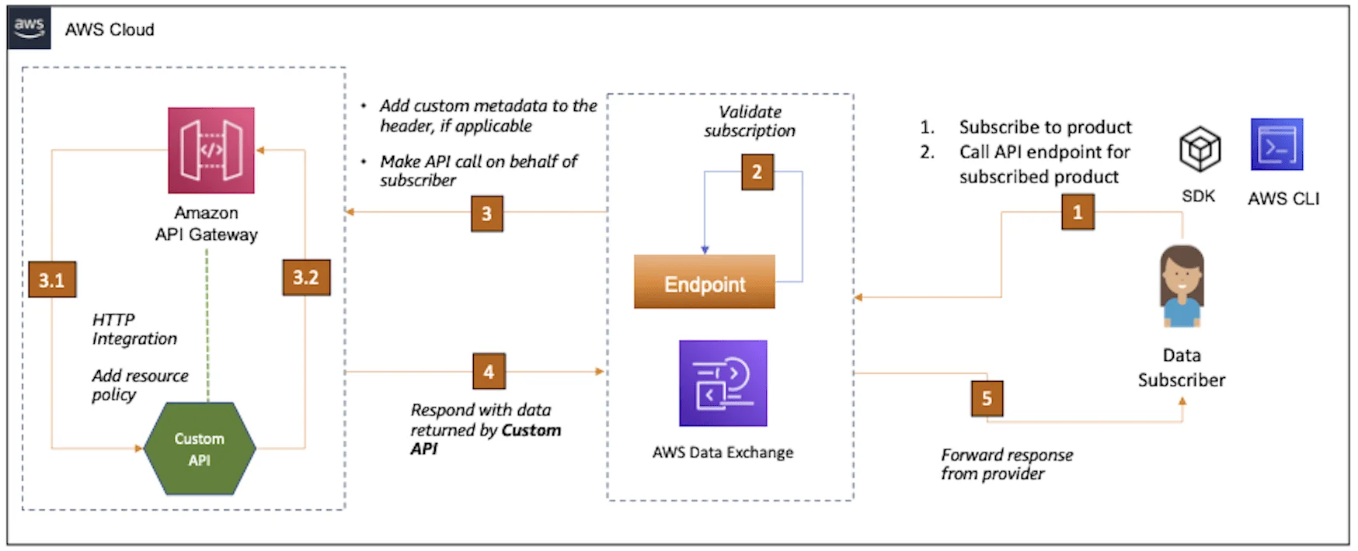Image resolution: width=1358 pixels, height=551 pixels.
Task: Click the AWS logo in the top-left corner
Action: click(x=29, y=29)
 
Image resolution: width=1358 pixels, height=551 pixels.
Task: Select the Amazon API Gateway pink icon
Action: click(x=211, y=150)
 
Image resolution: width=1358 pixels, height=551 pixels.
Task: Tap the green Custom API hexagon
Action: click(x=200, y=449)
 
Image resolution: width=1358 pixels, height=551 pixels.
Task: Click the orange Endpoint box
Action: click(x=704, y=282)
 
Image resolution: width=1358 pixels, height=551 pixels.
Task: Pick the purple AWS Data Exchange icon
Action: click(x=723, y=383)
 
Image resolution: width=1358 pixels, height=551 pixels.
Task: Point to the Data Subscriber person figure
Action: click(x=1182, y=286)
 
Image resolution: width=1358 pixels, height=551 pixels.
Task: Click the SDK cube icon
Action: click(x=1200, y=150)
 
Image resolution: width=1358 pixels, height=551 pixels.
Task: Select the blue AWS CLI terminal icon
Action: click(x=1276, y=145)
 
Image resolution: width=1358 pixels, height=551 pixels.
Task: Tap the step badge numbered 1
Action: click(x=1078, y=212)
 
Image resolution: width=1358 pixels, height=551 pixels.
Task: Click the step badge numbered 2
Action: click(x=757, y=172)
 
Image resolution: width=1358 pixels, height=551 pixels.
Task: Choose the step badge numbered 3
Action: click(x=486, y=213)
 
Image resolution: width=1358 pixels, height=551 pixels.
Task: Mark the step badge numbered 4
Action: click(x=489, y=372)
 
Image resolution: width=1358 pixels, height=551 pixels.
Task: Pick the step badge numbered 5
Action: click(x=987, y=398)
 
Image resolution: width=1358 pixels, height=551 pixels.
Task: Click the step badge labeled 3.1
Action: click(x=52, y=279)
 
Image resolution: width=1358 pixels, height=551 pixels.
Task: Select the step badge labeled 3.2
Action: click(x=305, y=277)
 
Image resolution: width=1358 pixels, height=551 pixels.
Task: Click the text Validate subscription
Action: click(x=750, y=121)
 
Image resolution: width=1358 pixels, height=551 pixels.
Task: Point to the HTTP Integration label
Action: click(x=134, y=329)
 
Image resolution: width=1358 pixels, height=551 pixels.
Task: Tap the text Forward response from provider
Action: click(x=1006, y=464)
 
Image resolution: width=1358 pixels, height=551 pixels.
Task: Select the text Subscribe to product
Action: click(x=1045, y=126)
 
